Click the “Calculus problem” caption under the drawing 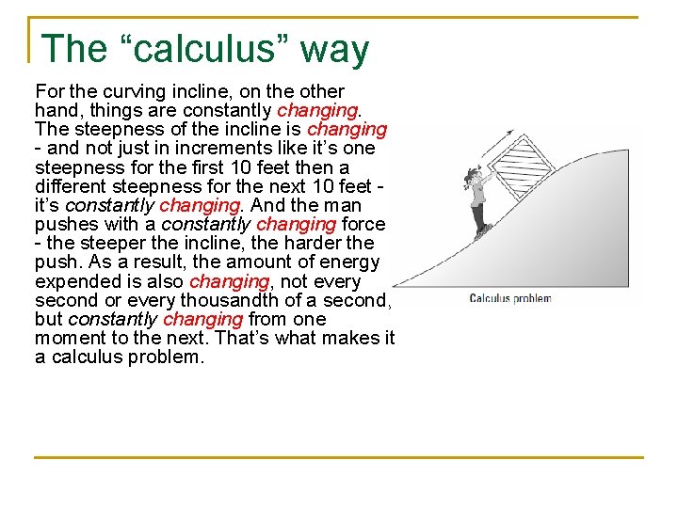[509, 298]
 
